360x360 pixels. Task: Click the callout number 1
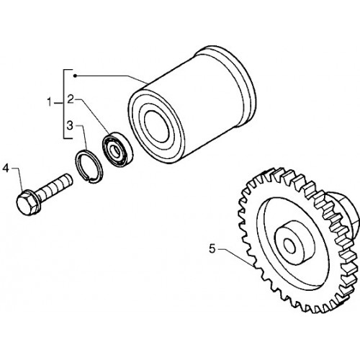[x=49, y=102]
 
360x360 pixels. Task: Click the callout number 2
[x=70, y=99]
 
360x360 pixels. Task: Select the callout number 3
[x=70, y=125]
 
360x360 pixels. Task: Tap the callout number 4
[x=6, y=168]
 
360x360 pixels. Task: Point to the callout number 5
[x=212, y=248]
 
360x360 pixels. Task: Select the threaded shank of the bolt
[x=55, y=186]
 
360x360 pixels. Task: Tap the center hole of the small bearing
[x=117, y=151]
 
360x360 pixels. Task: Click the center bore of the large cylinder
[x=156, y=126]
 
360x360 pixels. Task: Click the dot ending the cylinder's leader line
[x=75, y=76]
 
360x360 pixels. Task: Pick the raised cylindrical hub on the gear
[x=294, y=243]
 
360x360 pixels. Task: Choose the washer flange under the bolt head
[x=35, y=202]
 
